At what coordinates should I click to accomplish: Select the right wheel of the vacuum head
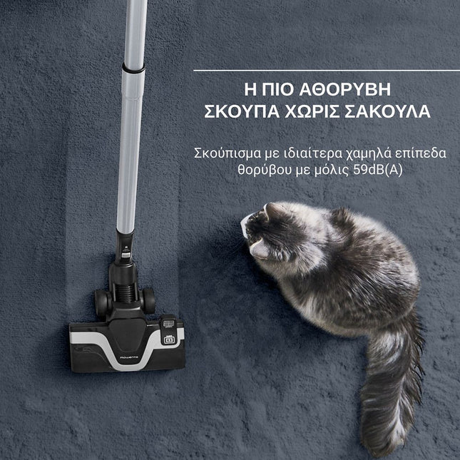pos(148,301)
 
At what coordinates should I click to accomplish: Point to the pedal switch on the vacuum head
pos(170,337)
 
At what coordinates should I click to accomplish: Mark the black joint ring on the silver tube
pos(133,68)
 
